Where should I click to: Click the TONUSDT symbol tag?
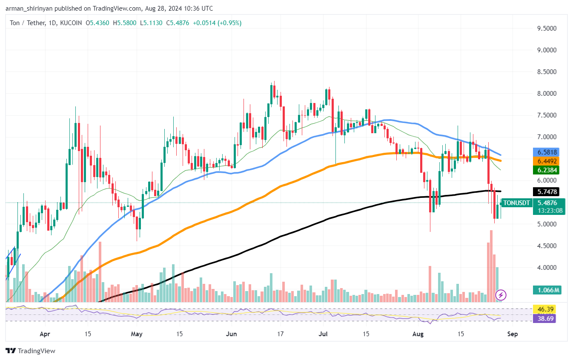(x=516, y=203)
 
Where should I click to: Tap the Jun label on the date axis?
(x=232, y=334)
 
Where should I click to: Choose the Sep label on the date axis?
(x=513, y=334)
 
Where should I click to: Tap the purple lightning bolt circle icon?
(x=501, y=294)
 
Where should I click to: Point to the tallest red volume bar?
(x=491, y=266)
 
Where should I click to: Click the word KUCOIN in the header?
(x=69, y=23)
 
